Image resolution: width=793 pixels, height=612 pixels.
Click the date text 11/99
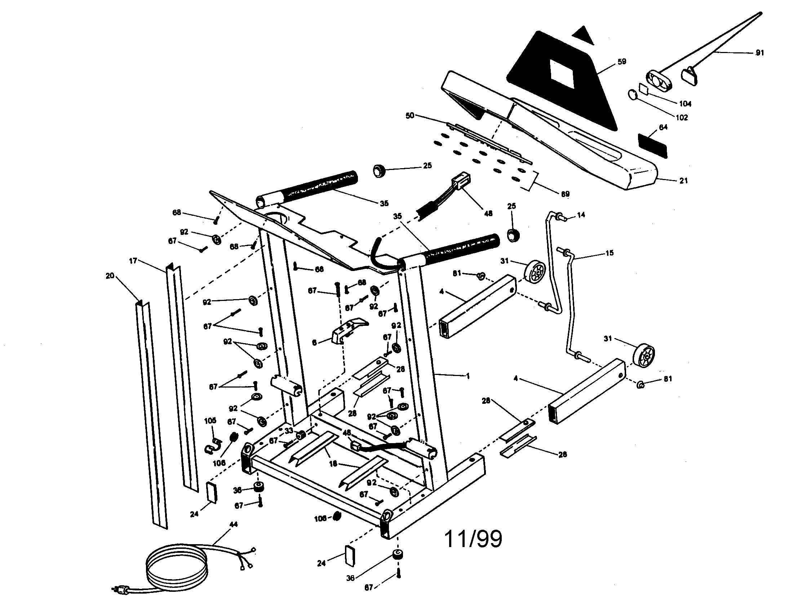(x=473, y=539)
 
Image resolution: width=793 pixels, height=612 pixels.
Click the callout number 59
(x=622, y=62)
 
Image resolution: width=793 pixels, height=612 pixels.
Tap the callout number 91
(x=759, y=53)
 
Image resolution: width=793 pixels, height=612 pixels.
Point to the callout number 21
(x=683, y=181)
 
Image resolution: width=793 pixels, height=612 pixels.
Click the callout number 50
(x=409, y=116)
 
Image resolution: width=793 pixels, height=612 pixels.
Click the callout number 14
(x=581, y=215)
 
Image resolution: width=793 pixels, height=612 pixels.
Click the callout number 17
(x=133, y=261)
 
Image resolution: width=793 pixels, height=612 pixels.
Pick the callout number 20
(x=110, y=276)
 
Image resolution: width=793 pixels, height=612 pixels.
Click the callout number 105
(x=210, y=420)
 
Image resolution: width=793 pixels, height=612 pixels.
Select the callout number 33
(x=289, y=431)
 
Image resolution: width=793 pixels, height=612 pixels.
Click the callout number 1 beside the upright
(x=468, y=376)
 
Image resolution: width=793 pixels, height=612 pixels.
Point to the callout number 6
(x=314, y=342)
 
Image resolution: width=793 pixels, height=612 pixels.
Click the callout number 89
(x=565, y=194)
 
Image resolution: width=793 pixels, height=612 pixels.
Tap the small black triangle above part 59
(x=583, y=35)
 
